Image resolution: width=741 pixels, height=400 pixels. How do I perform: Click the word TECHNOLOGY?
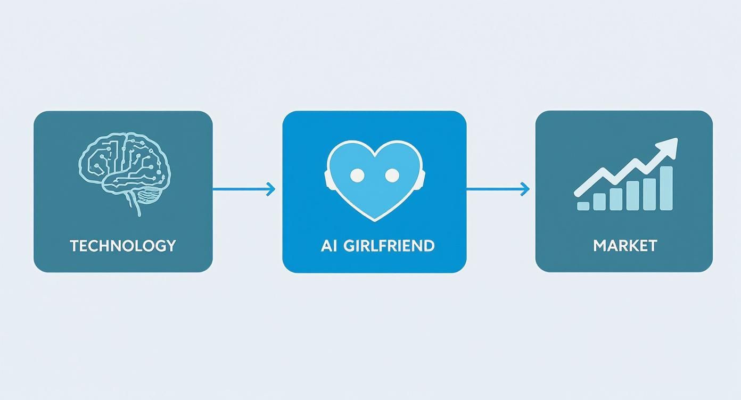tap(122, 245)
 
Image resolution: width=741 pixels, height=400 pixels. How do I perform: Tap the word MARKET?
tap(625, 245)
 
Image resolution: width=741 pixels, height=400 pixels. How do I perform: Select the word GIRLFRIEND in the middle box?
tap(389, 245)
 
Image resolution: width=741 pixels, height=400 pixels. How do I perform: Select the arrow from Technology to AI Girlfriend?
tap(244, 188)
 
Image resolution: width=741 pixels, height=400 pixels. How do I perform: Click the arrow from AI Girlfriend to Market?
tap(498, 188)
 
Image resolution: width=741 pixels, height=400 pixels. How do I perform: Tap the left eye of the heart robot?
tap(357, 174)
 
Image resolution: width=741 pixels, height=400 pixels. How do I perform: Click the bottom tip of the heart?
tap(374, 218)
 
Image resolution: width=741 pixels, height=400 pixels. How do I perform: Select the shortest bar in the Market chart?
tap(583, 205)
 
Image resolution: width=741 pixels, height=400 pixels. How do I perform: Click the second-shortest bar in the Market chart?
tap(599, 202)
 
